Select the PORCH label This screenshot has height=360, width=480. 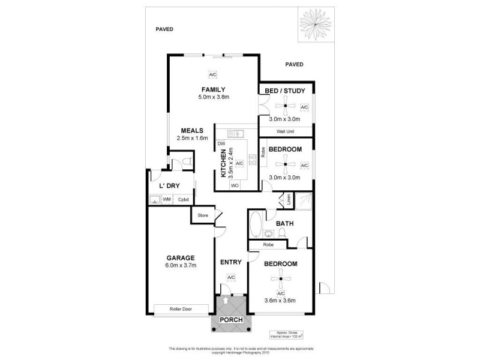tap(231, 320)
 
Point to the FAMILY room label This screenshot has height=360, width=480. tap(213, 89)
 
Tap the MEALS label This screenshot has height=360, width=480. tap(193, 130)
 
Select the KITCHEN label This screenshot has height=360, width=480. tap(223, 163)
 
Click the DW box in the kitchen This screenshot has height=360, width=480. tap(221, 144)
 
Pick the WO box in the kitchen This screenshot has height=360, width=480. tap(234, 185)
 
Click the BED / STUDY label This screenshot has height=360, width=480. tap(285, 91)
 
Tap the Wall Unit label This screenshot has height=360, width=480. tap(285, 131)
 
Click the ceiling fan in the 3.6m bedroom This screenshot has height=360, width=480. tap(280, 278)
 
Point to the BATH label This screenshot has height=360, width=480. tap(284, 224)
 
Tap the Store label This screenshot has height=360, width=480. tap(202, 214)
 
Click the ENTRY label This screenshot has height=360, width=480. tap(230, 262)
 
